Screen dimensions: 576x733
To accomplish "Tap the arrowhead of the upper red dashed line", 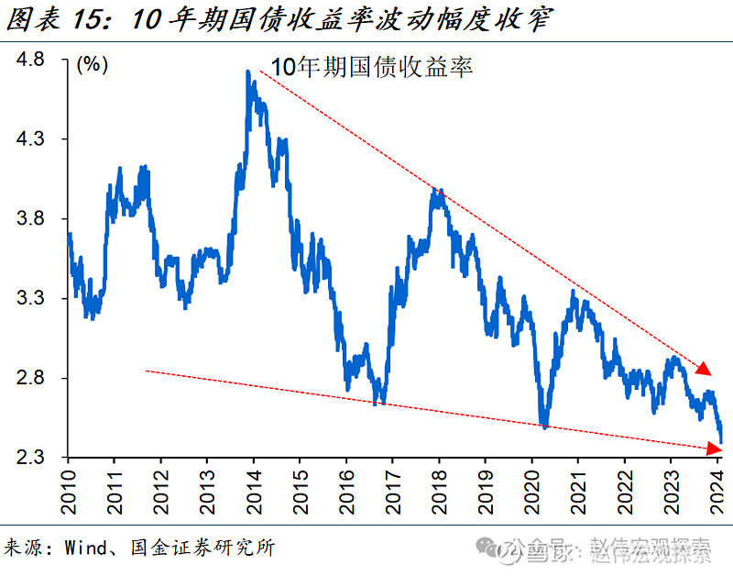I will (704, 369).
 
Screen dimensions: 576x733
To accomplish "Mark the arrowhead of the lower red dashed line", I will (713, 447).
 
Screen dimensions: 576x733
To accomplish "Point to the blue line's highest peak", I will (248, 72).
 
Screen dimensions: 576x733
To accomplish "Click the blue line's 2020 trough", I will (544, 426).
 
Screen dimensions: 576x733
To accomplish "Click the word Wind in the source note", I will (84, 548).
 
